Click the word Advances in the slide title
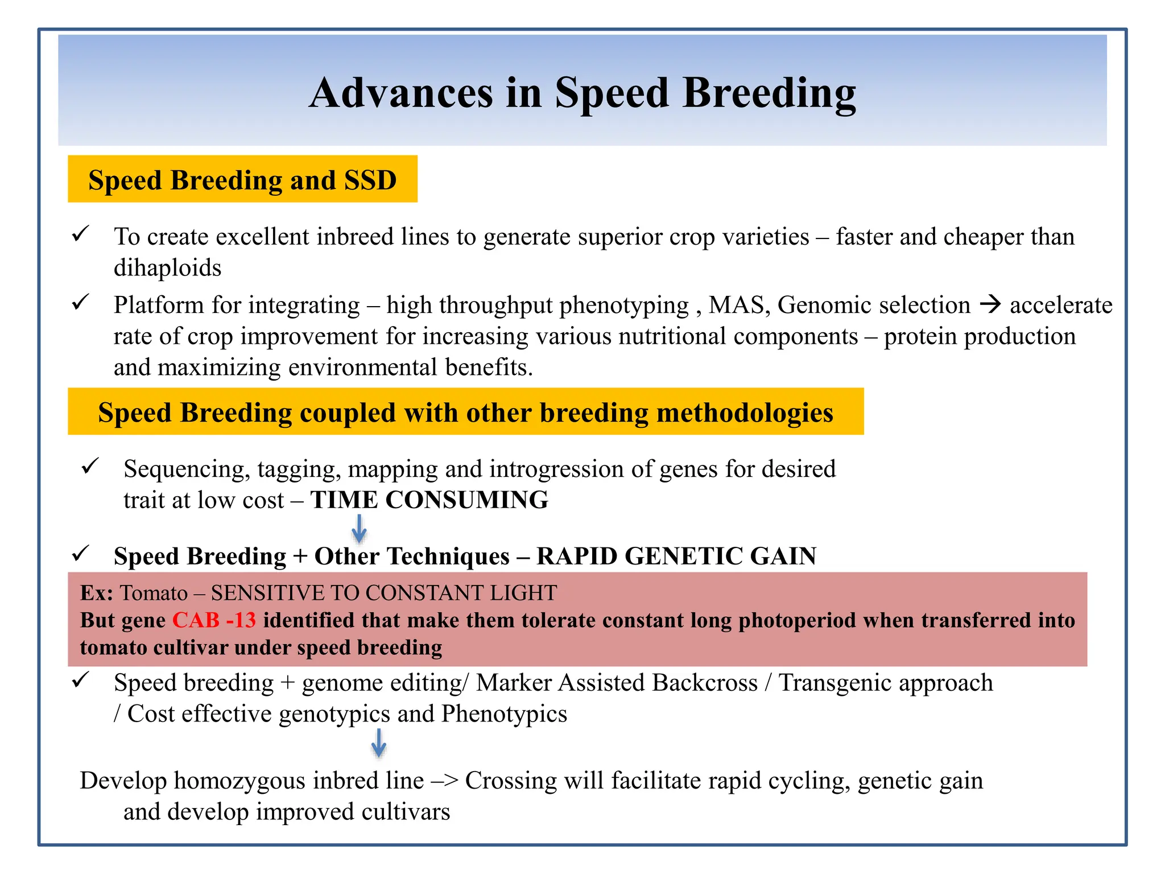[x=401, y=93]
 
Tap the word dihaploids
[x=167, y=268]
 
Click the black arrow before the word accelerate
[x=990, y=304]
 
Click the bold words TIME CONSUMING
[x=429, y=500]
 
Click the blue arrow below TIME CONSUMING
[x=359, y=529]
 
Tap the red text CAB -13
[x=214, y=620]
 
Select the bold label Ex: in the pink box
[x=97, y=593]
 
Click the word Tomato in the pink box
[x=154, y=593]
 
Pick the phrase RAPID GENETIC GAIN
[x=676, y=556]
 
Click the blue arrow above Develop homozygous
[x=379, y=743]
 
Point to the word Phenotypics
[x=504, y=714]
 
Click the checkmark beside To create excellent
[x=80, y=233]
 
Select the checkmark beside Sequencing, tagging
[x=90, y=466]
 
